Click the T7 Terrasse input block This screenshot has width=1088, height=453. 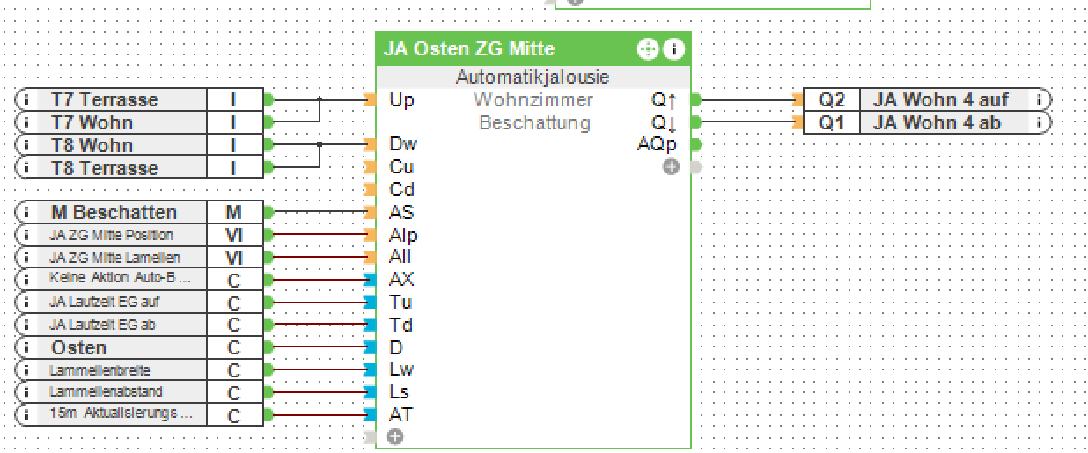pos(104,99)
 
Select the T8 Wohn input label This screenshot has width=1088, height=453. pos(92,145)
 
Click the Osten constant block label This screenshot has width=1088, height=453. pos(78,347)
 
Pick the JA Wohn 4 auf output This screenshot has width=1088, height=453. pos(940,99)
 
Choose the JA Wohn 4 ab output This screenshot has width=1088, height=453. pos(937,122)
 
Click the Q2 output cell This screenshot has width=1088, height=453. pos(832,99)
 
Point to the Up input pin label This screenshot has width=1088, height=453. pos(401,100)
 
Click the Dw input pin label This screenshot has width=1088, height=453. pos(403,144)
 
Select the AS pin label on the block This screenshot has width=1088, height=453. pos(401,212)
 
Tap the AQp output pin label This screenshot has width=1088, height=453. pos(657,144)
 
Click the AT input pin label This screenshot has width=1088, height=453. pos(401,414)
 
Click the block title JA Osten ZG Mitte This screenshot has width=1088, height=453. pos(469,49)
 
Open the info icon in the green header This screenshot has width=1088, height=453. pos(673,49)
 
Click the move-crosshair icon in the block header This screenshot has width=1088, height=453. pos(647,49)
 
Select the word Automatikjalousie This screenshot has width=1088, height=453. pos(533,77)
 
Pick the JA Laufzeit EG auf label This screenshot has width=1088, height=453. pos(105,303)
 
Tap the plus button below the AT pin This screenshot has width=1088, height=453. pos(395,436)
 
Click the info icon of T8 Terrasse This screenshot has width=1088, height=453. pos(26,168)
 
